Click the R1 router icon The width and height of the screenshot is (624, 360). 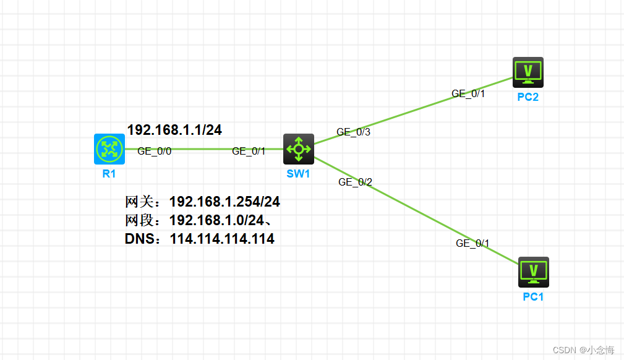(109, 149)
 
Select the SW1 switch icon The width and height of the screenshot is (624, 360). (299, 149)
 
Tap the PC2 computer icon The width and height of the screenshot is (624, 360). (528, 72)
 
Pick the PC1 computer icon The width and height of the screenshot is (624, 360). (533, 272)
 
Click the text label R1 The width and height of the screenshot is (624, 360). (109, 174)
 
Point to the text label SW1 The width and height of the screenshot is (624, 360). (298, 174)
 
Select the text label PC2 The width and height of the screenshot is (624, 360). (528, 97)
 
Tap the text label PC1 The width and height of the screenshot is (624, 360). (533, 297)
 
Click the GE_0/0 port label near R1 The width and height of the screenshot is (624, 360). (154, 151)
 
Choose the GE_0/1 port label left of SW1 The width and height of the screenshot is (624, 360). (249, 152)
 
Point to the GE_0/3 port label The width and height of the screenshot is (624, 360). (353, 132)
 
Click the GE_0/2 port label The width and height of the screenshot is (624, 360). (355, 182)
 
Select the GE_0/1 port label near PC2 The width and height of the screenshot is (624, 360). (468, 94)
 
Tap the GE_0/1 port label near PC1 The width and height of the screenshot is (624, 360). (472, 244)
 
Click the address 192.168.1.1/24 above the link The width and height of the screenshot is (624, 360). (174, 130)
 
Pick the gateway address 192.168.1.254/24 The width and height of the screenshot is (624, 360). (224, 202)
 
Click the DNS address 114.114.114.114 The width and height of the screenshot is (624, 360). (222, 239)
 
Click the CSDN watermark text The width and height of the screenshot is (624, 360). (583, 350)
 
